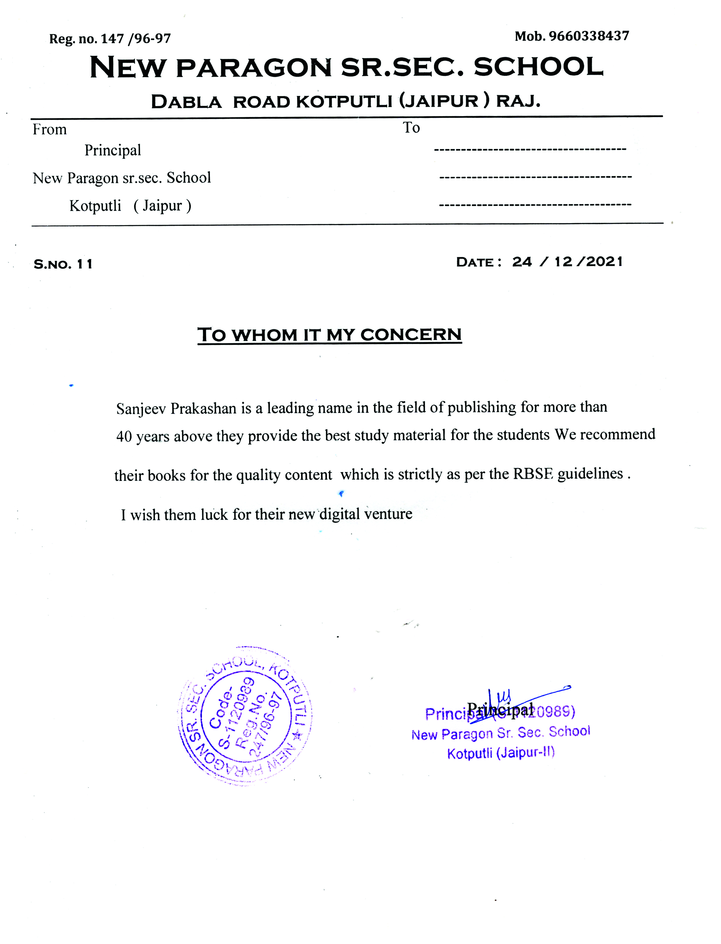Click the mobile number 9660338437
pyautogui.click(x=589, y=36)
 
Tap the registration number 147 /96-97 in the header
pyautogui.click(x=136, y=39)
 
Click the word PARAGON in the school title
pyautogui.click(x=254, y=68)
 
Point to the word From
pyautogui.click(x=50, y=129)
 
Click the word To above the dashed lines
pyautogui.click(x=411, y=128)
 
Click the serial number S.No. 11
pyautogui.click(x=63, y=264)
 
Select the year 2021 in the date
pyautogui.click(x=604, y=262)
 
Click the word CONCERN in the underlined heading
pyautogui.click(x=411, y=335)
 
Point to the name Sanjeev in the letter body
pyautogui.click(x=141, y=409)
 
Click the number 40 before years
pyautogui.click(x=124, y=437)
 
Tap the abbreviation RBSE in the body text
pyautogui.click(x=533, y=474)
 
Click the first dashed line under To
pyautogui.click(x=530, y=150)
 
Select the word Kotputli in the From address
pyautogui.click(x=95, y=206)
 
